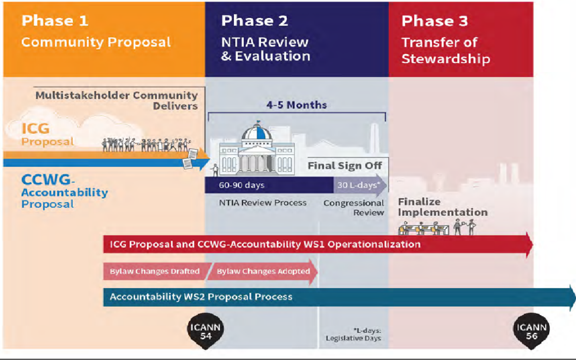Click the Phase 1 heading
pos(55,21)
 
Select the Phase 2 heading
pos(255,21)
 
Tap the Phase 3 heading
pos(435,21)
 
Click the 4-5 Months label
pos(296,105)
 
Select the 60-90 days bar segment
pos(269,185)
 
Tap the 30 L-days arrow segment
pos(360,185)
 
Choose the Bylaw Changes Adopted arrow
pos(263,272)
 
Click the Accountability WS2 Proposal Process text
pos(201,297)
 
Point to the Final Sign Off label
pos(345,166)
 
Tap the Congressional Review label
pos(354,208)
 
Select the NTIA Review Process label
pos(263,202)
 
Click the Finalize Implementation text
pos(443,207)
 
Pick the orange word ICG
pos(35,129)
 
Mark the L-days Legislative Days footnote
pos(353,334)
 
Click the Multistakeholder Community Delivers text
pos(116,101)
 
